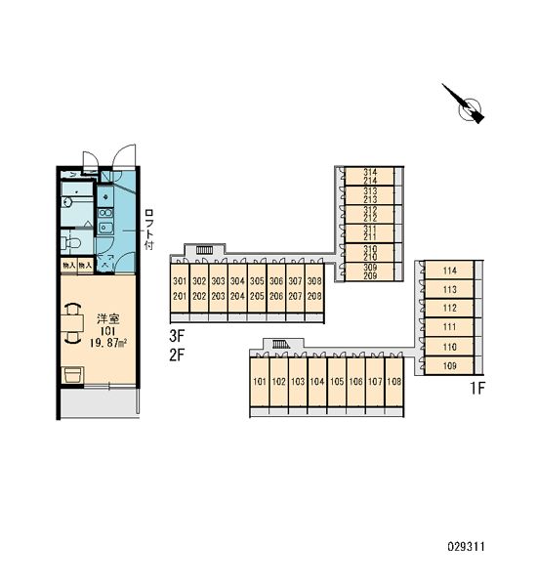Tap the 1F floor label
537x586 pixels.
(x=477, y=389)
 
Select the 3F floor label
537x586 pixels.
(x=177, y=336)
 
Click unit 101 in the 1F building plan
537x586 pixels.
(x=260, y=382)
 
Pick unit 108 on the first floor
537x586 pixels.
(x=393, y=382)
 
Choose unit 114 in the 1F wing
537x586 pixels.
(x=449, y=271)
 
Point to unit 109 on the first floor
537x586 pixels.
(x=449, y=365)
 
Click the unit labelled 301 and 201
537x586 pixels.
(x=180, y=288)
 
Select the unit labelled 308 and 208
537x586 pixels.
(x=314, y=288)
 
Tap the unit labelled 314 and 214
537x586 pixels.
(x=370, y=176)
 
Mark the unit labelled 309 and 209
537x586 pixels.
(x=370, y=272)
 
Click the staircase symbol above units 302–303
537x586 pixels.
(x=204, y=249)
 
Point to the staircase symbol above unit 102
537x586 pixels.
(x=281, y=344)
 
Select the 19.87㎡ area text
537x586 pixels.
(x=108, y=343)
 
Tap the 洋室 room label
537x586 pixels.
(x=108, y=319)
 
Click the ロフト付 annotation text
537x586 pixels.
(x=148, y=230)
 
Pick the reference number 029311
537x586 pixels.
(x=466, y=547)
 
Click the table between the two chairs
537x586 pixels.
(x=72, y=323)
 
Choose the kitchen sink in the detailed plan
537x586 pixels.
(x=105, y=228)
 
